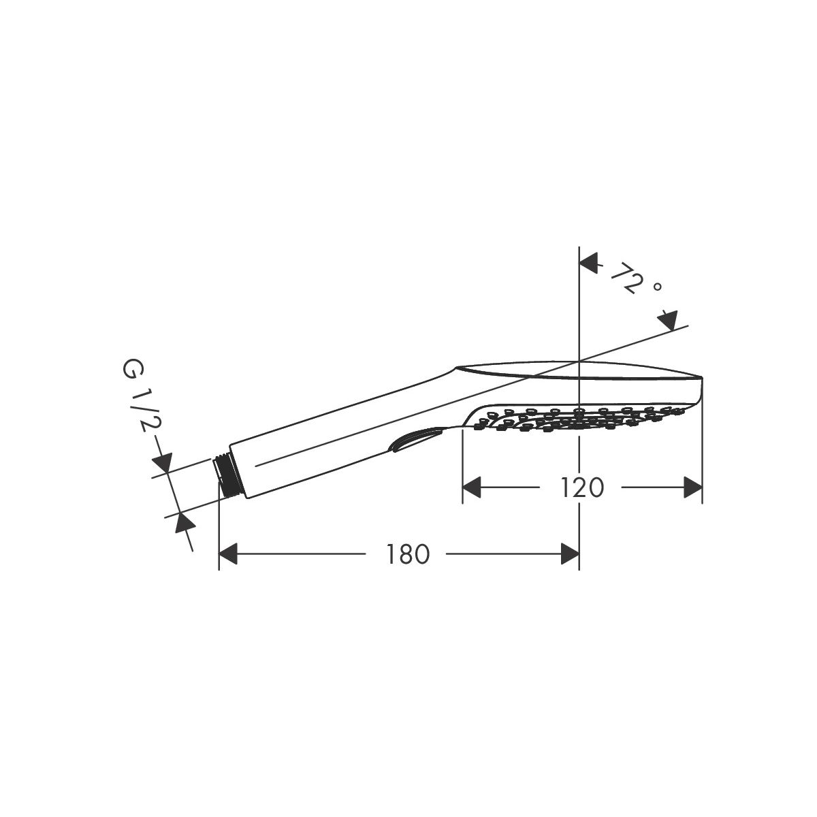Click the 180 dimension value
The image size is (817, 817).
click(407, 554)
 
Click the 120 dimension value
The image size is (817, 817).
click(582, 487)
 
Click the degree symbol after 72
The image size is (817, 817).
click(658, 287)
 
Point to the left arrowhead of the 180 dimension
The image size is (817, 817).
click(228, 554)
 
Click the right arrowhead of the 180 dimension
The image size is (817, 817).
click(570, 554)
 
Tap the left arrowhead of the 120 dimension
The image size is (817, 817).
click(471, 487)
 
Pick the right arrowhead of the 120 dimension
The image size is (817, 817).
click(693, 487)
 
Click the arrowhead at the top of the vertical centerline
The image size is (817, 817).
click(588, 263)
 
